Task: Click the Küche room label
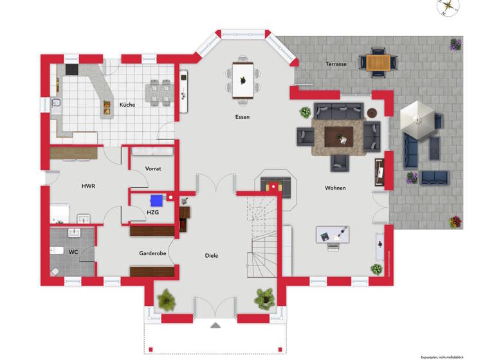point(127,105)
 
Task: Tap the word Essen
point(242,117)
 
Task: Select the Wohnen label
point(335,188)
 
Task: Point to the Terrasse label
point(336,64)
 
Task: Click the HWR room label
point(88,186)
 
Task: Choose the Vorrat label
point(153,168)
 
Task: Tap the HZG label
point(153,212)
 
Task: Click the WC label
point(73,252)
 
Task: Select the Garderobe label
point(153,253)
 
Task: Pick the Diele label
point(212,255)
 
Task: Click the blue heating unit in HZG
point(156,200)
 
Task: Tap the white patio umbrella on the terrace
point(417,118)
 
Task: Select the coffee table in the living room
point(338,136)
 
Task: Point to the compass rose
point(448,8)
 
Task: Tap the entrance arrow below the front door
point(215,325)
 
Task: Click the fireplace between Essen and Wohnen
point(277,186)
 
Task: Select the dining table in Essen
point(243,80)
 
